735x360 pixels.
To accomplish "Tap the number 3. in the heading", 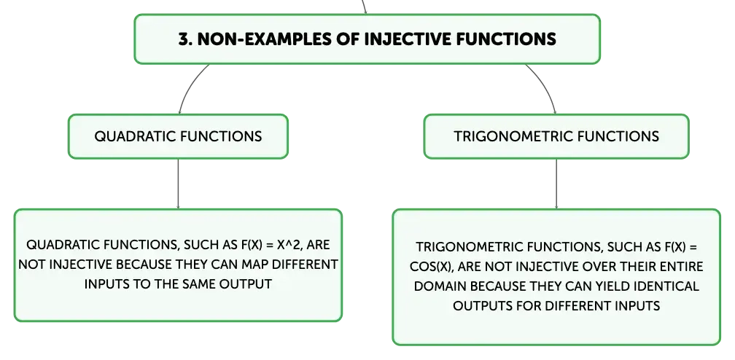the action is [185, 39].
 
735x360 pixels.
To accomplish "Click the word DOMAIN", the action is [440, 286].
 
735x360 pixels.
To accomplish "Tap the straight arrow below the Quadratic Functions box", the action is [178, 184].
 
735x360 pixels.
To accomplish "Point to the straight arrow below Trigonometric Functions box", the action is [556, 184].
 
